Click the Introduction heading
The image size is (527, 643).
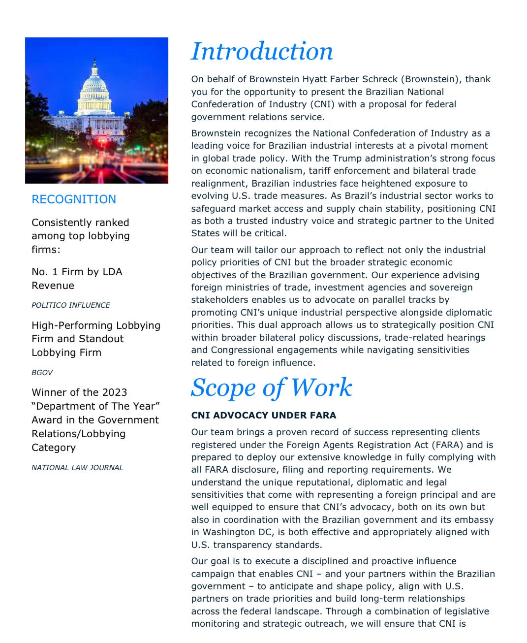pyautogui.click(x=262, y=52)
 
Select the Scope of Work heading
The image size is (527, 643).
pyautogui.click(x=271, y=388)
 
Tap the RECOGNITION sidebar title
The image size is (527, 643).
pyautogui.click(x=74, y=199)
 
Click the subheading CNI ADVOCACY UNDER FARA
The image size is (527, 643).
pyautogui.click(x=263, y=416)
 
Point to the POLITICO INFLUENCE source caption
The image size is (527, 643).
pyautogui.click(x=71, y=305)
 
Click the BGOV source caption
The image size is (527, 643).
pyautogui.click(x=42, y=373)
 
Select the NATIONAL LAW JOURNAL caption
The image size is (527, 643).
pyautogui.click(x=77, y=468)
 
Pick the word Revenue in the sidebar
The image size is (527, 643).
pyautogui.click(x=53, y=286)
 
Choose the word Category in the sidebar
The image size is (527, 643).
pyautogui.click(x=54, y=448)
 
